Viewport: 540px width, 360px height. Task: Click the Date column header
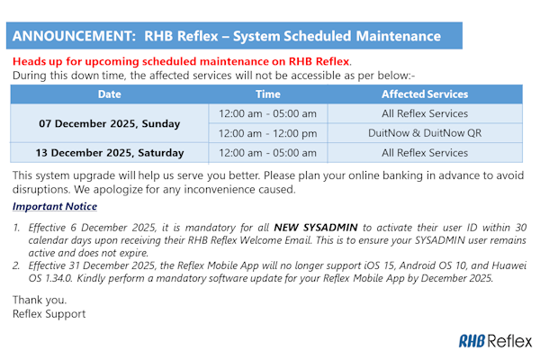[109, 94]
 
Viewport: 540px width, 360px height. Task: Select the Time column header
[267, 94]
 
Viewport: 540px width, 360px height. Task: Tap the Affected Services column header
[425, 94]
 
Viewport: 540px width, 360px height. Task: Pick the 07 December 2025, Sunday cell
[109, 123]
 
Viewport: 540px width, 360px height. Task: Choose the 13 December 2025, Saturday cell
[109, 153]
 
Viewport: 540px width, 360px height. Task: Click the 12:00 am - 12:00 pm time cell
[267, 133]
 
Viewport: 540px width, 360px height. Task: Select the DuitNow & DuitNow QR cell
[425, 133]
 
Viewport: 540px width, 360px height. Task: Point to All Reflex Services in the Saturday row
[425, 153]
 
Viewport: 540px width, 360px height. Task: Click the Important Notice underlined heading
[55, 207]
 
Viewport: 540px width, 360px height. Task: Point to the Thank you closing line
[38, 300]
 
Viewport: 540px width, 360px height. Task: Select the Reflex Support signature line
[49, 313]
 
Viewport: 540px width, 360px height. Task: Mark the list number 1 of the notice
[16, 229]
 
